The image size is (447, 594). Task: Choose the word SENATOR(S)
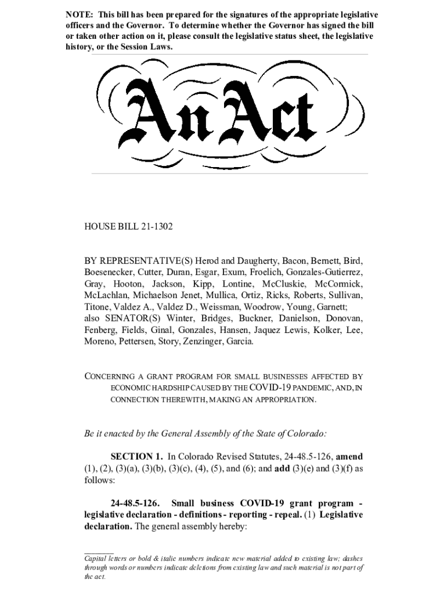[x=135, y=318]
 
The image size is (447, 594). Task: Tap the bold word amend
[x=349, y=457]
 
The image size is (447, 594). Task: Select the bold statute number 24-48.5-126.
[x=135, y=502]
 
